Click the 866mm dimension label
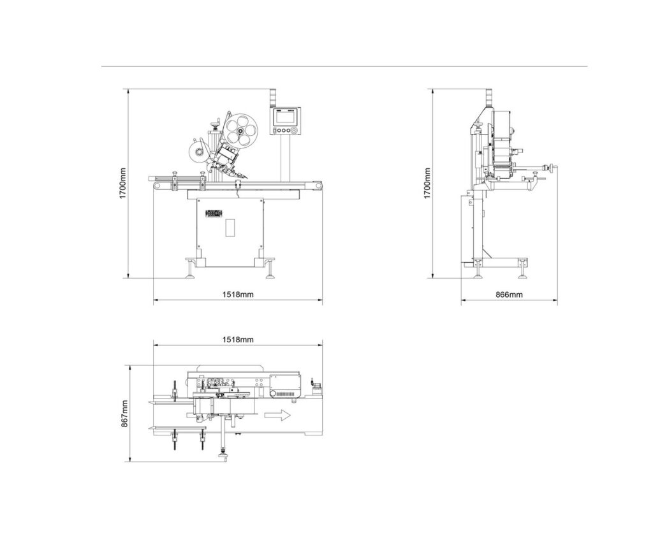coord(509,295)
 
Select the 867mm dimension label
coord(125,413)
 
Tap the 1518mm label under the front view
coord(238,295)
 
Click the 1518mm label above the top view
coord(238,340)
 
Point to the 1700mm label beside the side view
coord(428,183)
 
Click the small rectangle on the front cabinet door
coord(230,228)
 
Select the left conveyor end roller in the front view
coord(156,186)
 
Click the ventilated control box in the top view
coord(284,385)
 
